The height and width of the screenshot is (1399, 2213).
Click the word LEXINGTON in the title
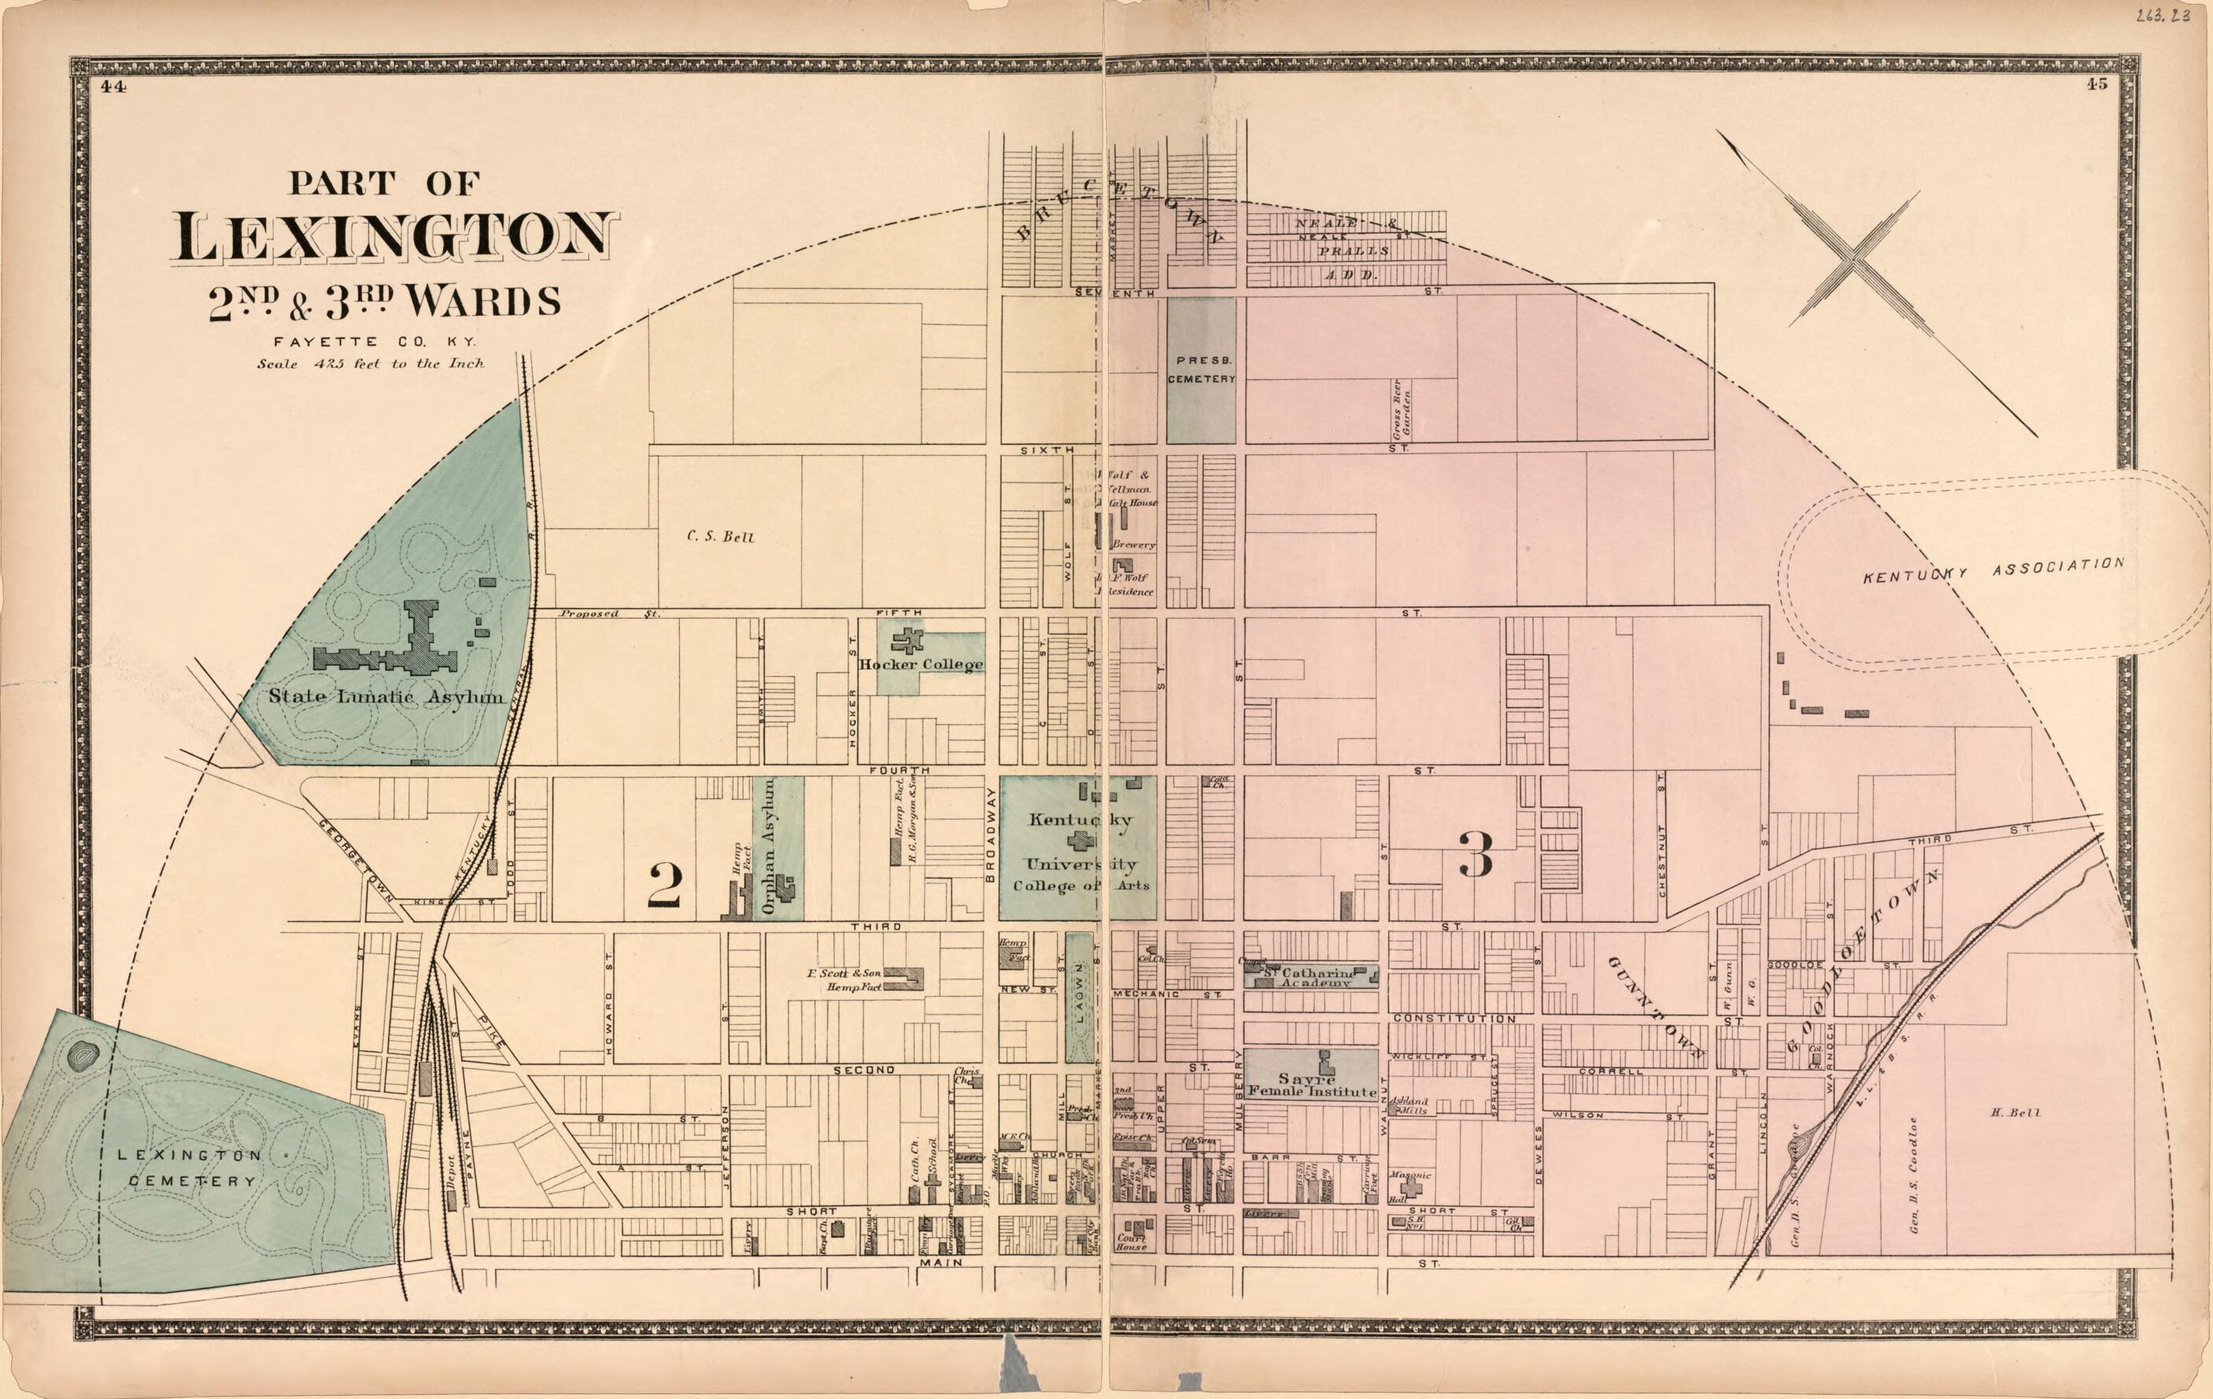[x=393, y=236]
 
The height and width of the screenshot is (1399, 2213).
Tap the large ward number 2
[x=664, y=885]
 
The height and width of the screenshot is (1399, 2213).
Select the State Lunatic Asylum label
[x=386, y=697]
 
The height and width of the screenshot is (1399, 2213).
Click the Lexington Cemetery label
[x=188, y=1168]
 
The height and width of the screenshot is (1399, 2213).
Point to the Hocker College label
[x=921, y=664]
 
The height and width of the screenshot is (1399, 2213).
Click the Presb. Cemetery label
[x=1201, y=369]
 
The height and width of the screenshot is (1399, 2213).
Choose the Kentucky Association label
[x=1993, y=570]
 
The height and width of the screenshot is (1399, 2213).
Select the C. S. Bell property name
[x=721, y=537]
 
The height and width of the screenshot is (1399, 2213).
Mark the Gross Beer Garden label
[x=1401, y=407]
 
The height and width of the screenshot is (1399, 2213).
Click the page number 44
[x=113, y=87]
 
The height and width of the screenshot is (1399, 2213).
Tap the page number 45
[x=2097, y=83]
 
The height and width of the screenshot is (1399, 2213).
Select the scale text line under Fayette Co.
[x=371, y=363]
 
